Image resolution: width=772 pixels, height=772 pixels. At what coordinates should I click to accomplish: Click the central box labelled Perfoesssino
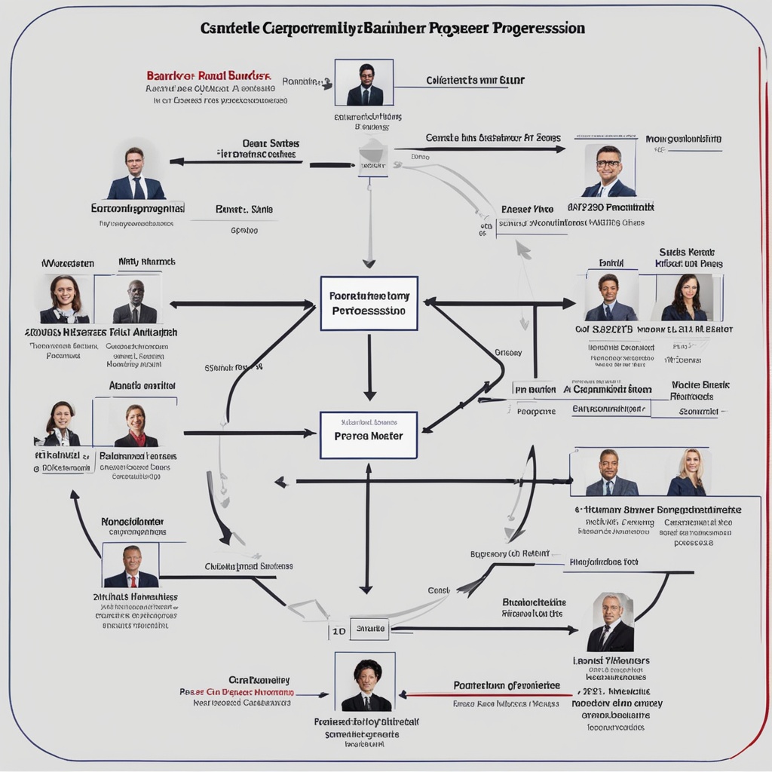(x=369, y=303)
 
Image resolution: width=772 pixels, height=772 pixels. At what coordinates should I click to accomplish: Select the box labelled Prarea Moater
(x=369, y=435)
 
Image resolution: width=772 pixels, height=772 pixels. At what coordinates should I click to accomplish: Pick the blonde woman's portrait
(x=687, y=473)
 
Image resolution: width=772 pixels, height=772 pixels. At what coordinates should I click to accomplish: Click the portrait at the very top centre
(x=365, y=82)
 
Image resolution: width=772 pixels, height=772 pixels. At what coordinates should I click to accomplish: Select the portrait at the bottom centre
(x=366, y=682)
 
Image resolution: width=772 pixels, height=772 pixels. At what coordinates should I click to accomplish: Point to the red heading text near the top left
(x=209, y=76)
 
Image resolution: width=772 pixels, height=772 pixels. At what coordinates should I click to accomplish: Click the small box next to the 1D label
(x=369, y=628)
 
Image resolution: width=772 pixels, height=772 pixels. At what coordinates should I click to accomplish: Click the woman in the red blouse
(x=136, y=426)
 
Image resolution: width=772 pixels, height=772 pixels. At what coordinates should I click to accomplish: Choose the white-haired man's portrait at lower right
(x=611, y=622)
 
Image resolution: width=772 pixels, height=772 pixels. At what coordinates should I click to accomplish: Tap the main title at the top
(x=392, y=29)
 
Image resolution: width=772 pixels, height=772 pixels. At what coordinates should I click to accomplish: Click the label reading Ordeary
(x=508, y=352)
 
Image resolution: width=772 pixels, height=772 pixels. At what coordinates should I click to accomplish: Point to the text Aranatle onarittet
(x=142, y=385)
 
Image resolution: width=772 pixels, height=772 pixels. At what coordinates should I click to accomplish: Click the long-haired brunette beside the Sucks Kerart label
(x=685, y=298)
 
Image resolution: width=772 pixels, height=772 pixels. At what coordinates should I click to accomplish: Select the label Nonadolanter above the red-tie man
(x=133, y=522)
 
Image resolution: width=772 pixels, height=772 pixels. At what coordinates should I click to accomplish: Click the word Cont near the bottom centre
(x=438, y=590)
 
